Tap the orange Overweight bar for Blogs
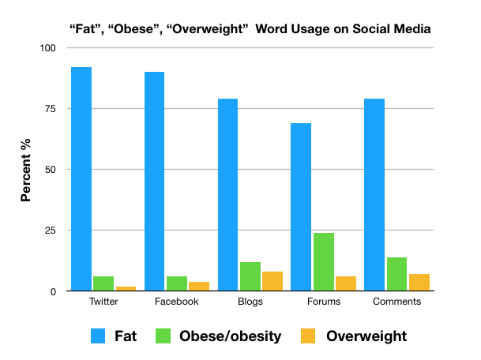tap(272, 282)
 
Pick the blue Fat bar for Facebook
tap(154, 182)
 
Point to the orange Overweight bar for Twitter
tap(126, 289)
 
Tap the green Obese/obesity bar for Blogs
tap(250, 276)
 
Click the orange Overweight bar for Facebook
tap(198, 287)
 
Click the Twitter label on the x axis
tap(103, 302)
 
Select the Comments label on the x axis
tap(396, 302)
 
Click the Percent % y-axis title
tap(26, 170)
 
